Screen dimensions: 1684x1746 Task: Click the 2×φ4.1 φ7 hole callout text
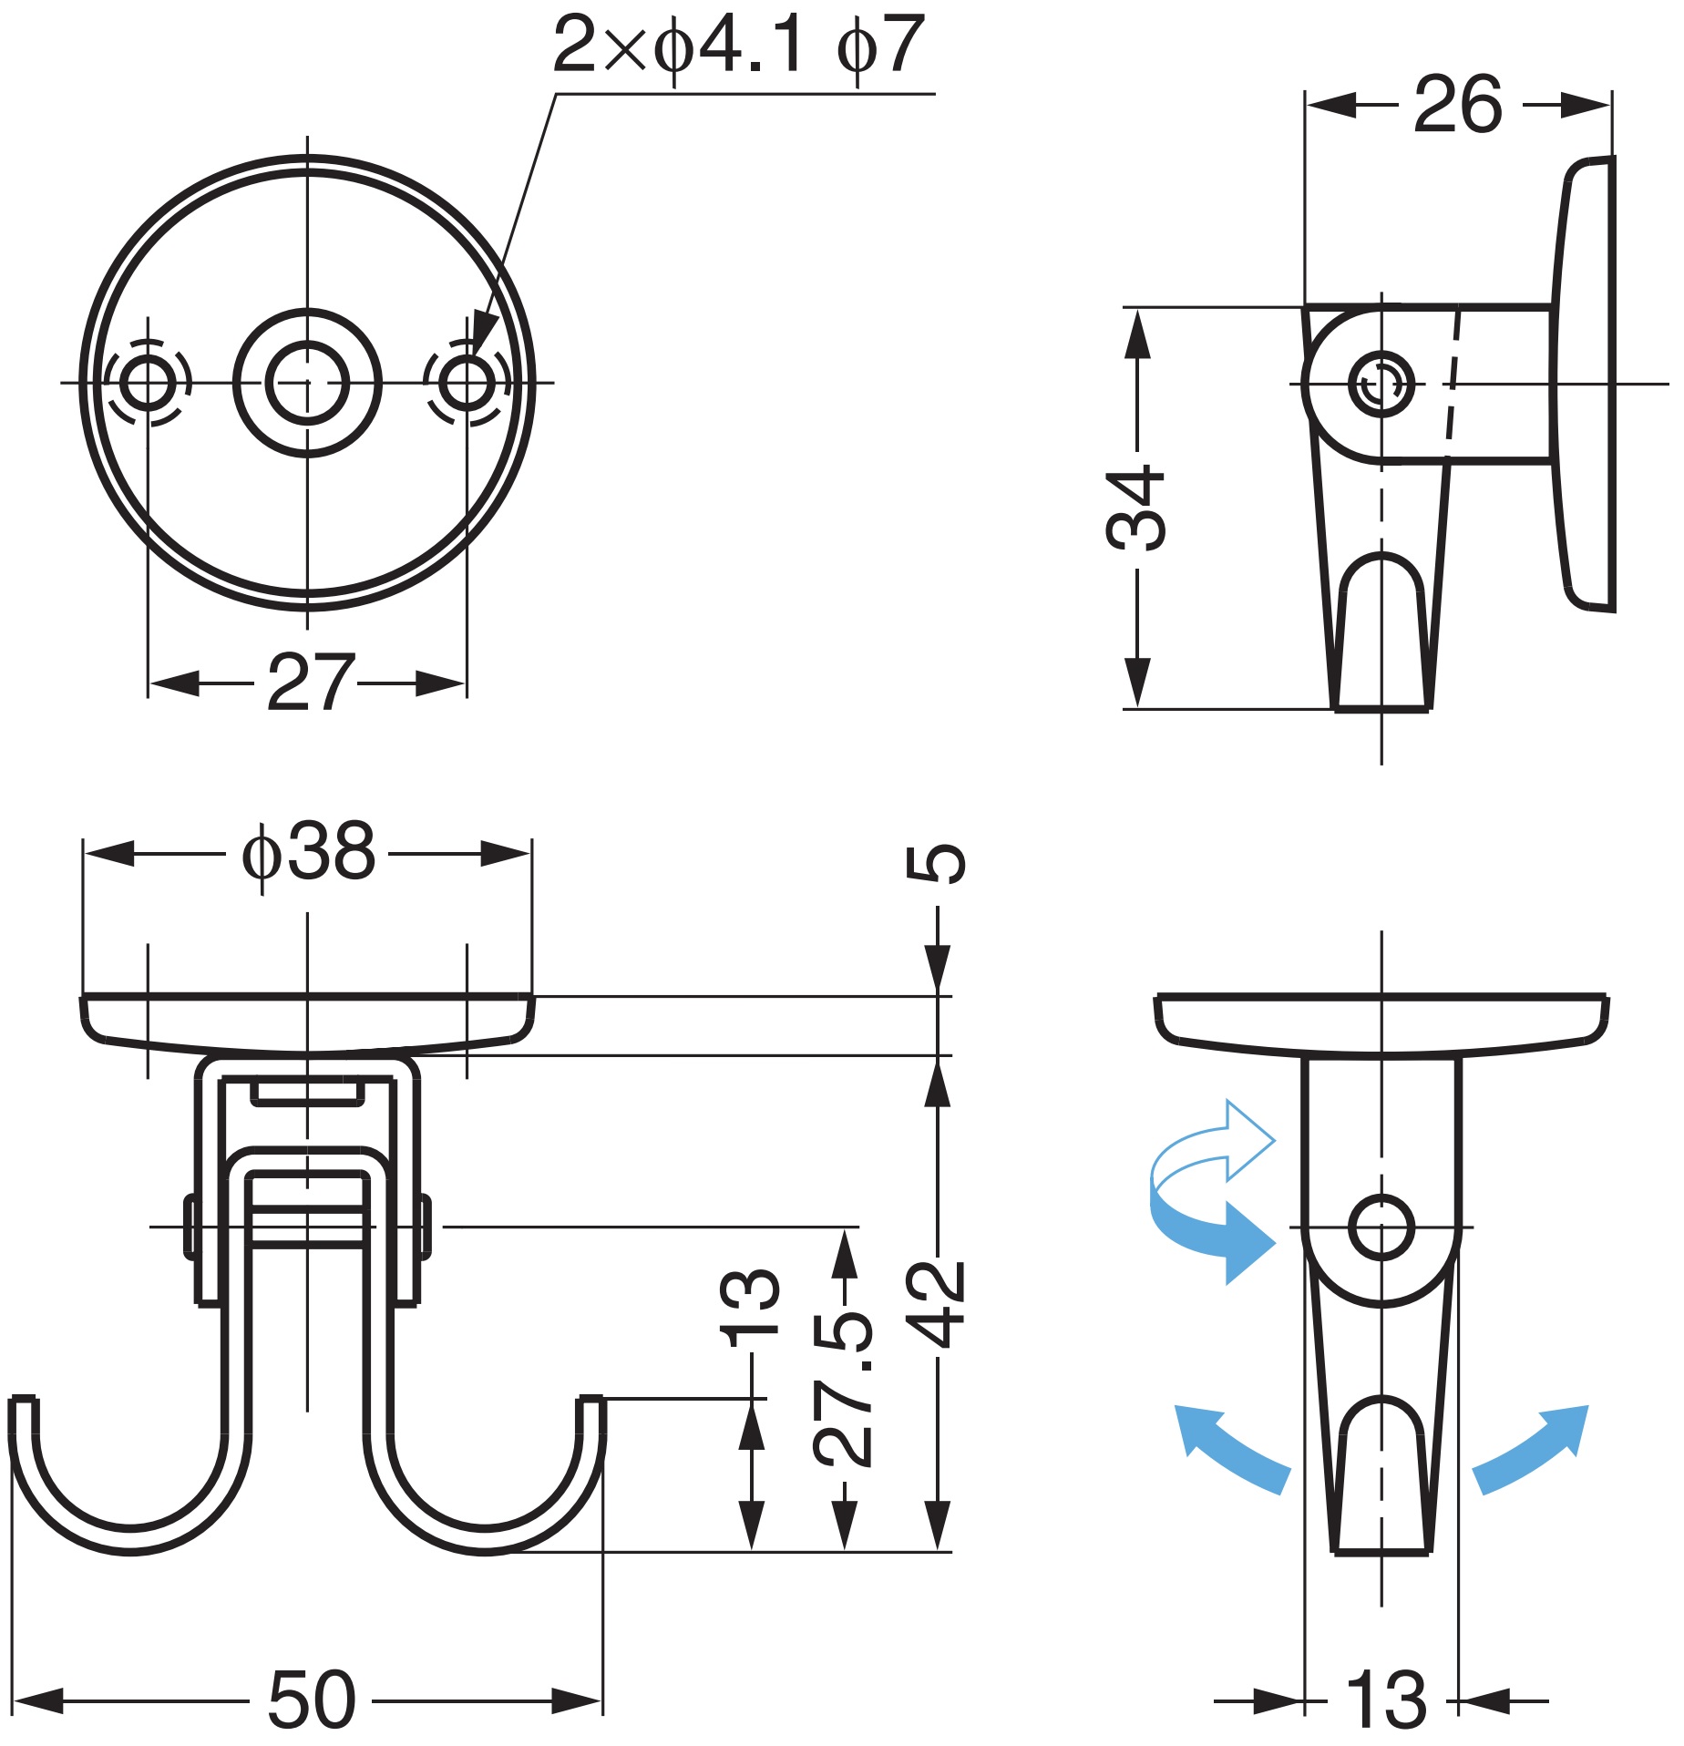pos(739,46)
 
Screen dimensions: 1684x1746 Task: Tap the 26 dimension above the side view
pos(1458,105)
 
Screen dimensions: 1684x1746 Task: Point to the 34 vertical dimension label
pos(1135,509)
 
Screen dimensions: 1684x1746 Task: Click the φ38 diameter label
pos(308,852)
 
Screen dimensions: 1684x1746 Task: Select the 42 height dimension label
pos(936,1306)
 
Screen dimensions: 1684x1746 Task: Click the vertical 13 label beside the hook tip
pos(750,1308)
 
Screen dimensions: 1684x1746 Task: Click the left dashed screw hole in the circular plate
pos(147,382)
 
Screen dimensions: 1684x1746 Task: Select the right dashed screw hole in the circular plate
pos(467,382)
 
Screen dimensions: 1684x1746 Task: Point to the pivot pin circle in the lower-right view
pos(1381,1227)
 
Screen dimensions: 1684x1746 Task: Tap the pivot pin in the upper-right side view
pos(1381,384)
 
